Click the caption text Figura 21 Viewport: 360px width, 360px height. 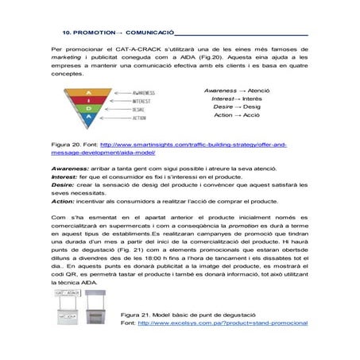tap(136, 315)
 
